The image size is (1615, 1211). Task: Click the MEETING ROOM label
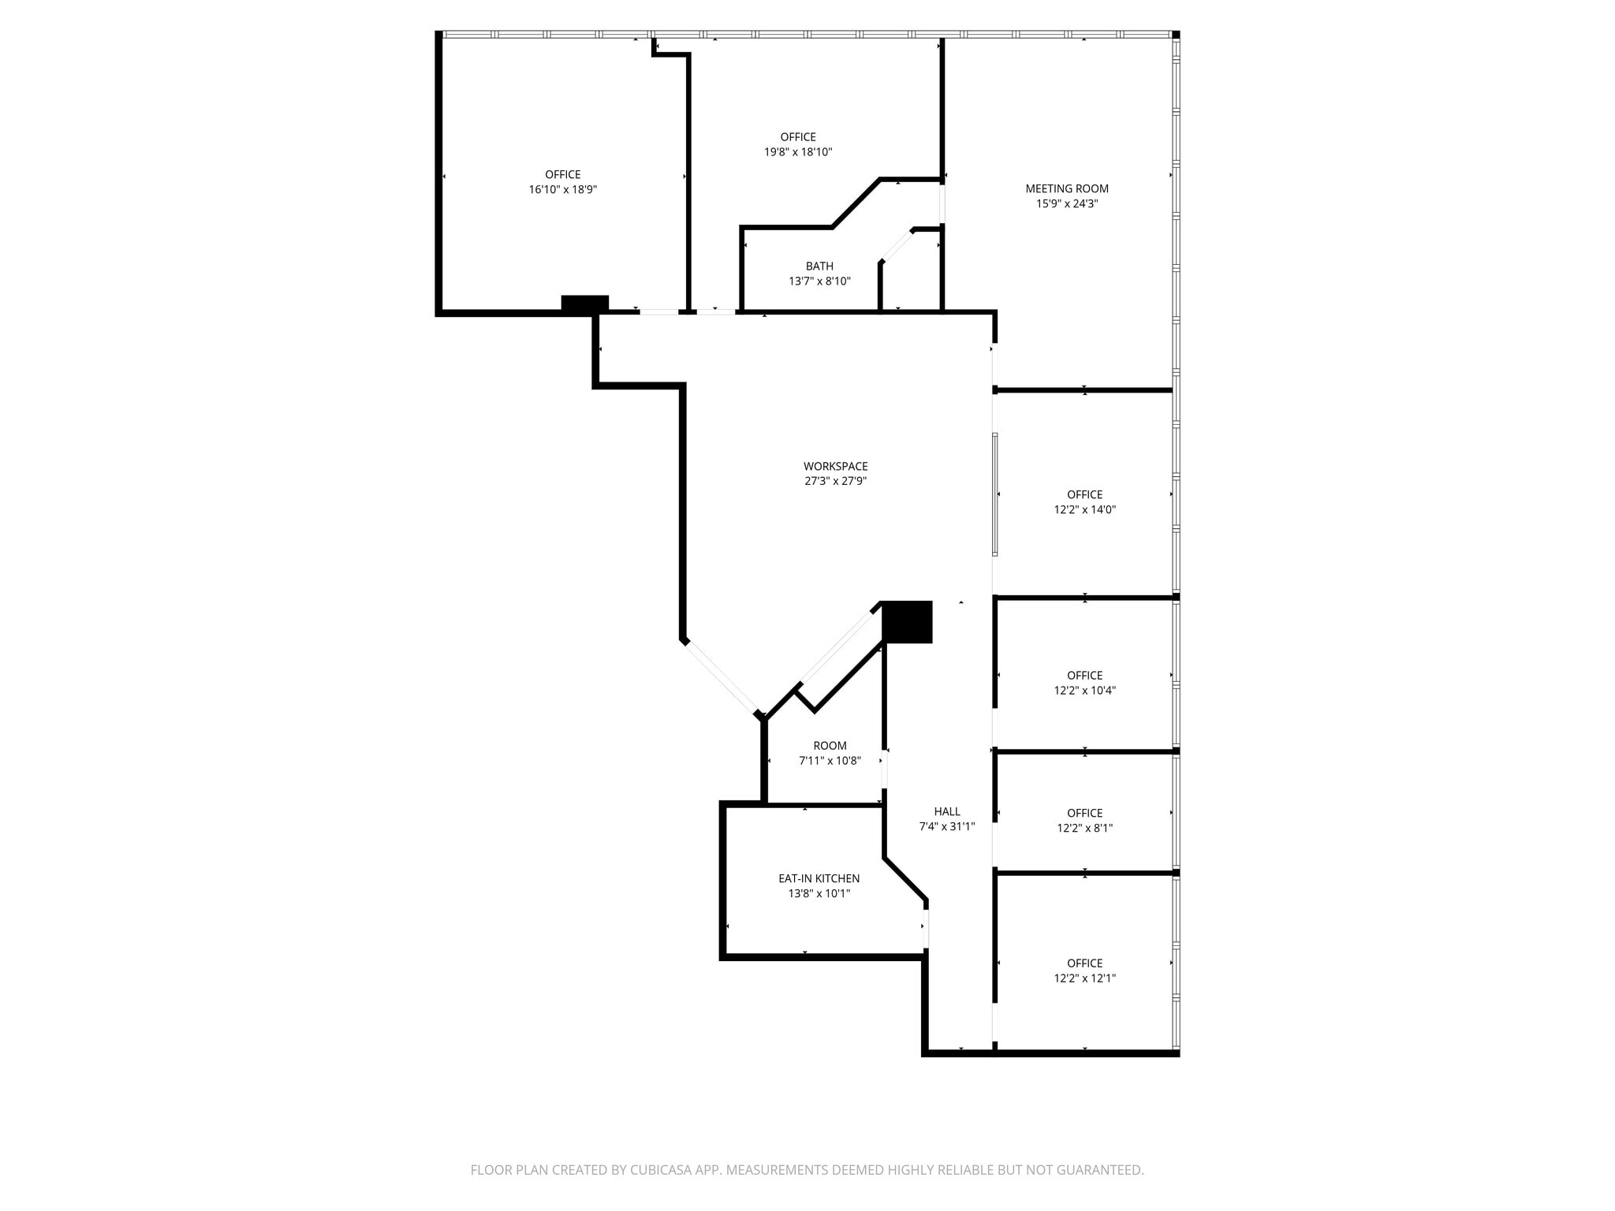[1066, 188]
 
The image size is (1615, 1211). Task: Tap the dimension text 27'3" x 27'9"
[835, 481]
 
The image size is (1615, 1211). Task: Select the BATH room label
[819, 266]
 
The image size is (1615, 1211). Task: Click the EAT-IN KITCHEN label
[819, 878]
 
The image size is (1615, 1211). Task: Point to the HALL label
[947, 811]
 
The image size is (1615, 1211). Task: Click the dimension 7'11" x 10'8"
[830, 761]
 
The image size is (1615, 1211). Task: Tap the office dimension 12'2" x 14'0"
[1084, 510]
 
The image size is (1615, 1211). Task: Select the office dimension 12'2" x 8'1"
[1084, 829]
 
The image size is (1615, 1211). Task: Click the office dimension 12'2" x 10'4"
[1084, 691]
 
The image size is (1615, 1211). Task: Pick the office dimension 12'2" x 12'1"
[1084, 978]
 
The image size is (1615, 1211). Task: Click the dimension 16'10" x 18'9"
[562, 190]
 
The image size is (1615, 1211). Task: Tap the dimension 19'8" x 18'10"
[798, 152]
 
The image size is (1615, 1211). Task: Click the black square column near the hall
[907, 622]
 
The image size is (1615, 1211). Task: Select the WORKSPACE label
[835, 466]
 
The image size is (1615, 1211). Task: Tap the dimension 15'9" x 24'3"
[1066, 203]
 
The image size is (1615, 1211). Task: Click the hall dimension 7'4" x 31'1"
[947, 827]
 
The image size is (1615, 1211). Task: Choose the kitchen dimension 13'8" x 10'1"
[819, 894]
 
